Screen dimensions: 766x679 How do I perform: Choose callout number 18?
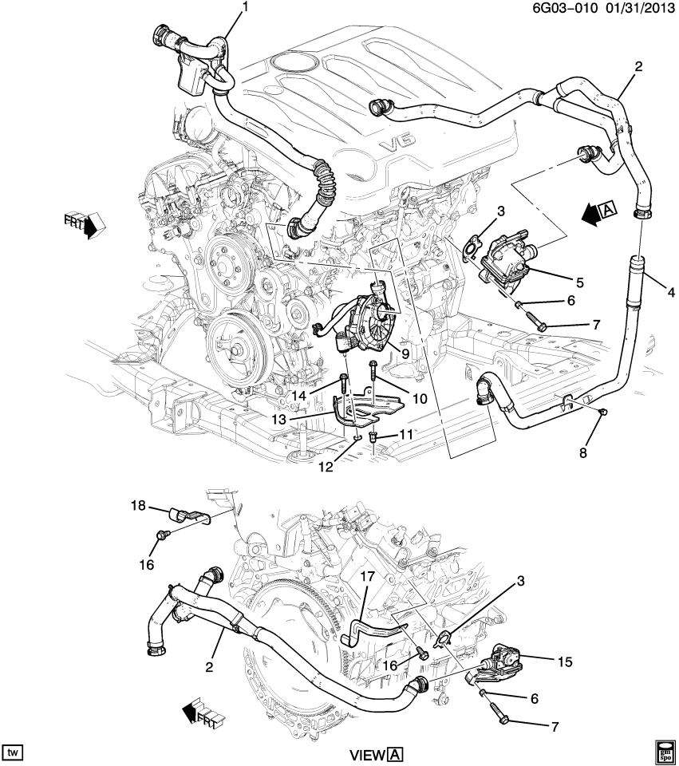[x=139, y=505]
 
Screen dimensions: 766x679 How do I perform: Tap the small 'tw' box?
[x=14, y=752]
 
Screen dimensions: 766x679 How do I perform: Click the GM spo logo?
[x=665, y=751]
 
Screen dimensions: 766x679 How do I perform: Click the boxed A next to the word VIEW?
[x=397, y=755]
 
